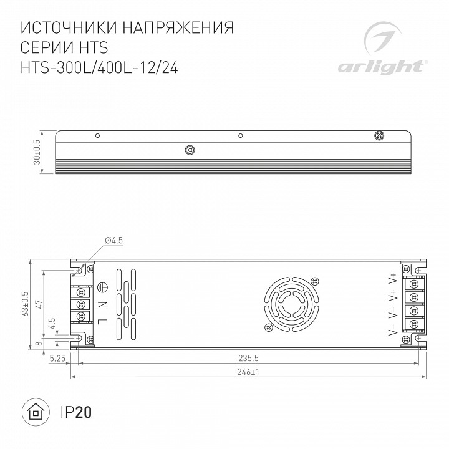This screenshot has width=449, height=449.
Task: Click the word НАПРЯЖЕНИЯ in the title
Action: pos(178,28)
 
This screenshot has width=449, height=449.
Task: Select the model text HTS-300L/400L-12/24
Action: pos(99,68)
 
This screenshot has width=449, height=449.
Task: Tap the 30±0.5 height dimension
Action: pos(37,152)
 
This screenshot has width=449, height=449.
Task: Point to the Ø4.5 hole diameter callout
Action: pos(114,240)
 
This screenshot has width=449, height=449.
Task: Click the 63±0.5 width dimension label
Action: pos(25,304)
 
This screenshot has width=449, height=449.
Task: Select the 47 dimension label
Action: pos(39,304)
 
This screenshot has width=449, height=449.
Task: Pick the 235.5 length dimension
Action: pos(249,358)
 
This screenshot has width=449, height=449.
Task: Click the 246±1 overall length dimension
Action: pos(248,372)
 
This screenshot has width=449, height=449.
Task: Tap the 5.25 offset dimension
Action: pos(57,358)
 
